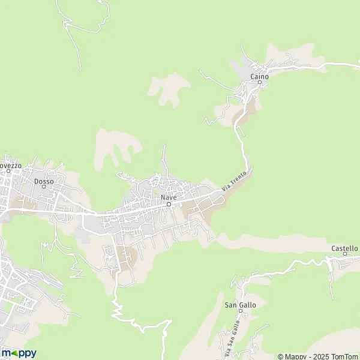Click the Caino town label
pyautogui.click(x=260, y=77)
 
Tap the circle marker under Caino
pyautogui.click(x=260, y=83)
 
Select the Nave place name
pyautogui.click(x=169, y=197)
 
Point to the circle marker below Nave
pyautogui.click(x=169, y=204)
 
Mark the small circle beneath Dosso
pyautogui.click(x=44, y=187)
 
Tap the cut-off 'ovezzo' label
pyautogui.click(x=10, y=164)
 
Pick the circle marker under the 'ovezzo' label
pyautogui.click(x=8, y=171)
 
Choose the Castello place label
pyautogui.click(x=344, y=248)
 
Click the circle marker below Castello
pyautogui.click(x=345, y=254)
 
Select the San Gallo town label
pyautogui.click(x=240, y=305)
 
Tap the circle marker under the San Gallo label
pyautogui.click(x=240, y=311)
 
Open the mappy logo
pyautogui.click(x=19, y=353)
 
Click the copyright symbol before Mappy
pyautogui.click(x=280, y=356)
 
